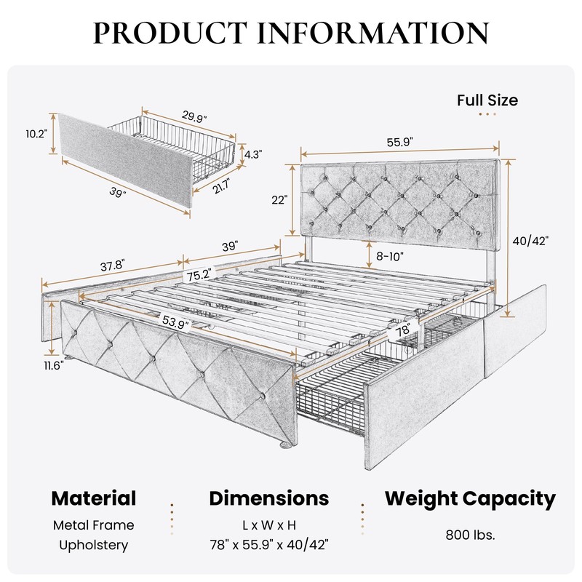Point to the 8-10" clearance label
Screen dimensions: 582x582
click(x=385, y=256)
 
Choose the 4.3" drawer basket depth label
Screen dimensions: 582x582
click(x=252, y=154)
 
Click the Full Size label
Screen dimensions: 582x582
click(x=487, y=100)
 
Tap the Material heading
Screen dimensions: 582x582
click(x=94, y=498)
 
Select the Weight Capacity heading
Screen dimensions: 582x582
click(x=470, y=498)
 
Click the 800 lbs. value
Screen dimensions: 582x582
click(x=470, y=535)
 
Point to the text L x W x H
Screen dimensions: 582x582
click(x=269, y=525)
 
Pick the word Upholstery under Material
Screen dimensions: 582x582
click(x=94, y=545)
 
